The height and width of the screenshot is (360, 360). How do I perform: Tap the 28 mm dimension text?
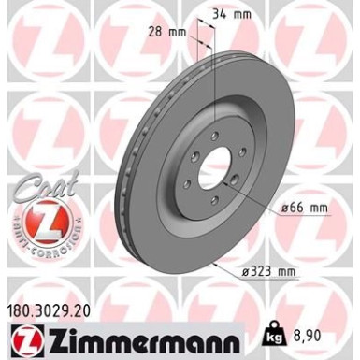[x=169, y=31]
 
